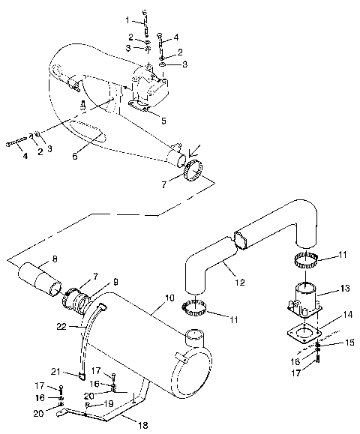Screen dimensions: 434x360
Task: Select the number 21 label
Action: [55, 371]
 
